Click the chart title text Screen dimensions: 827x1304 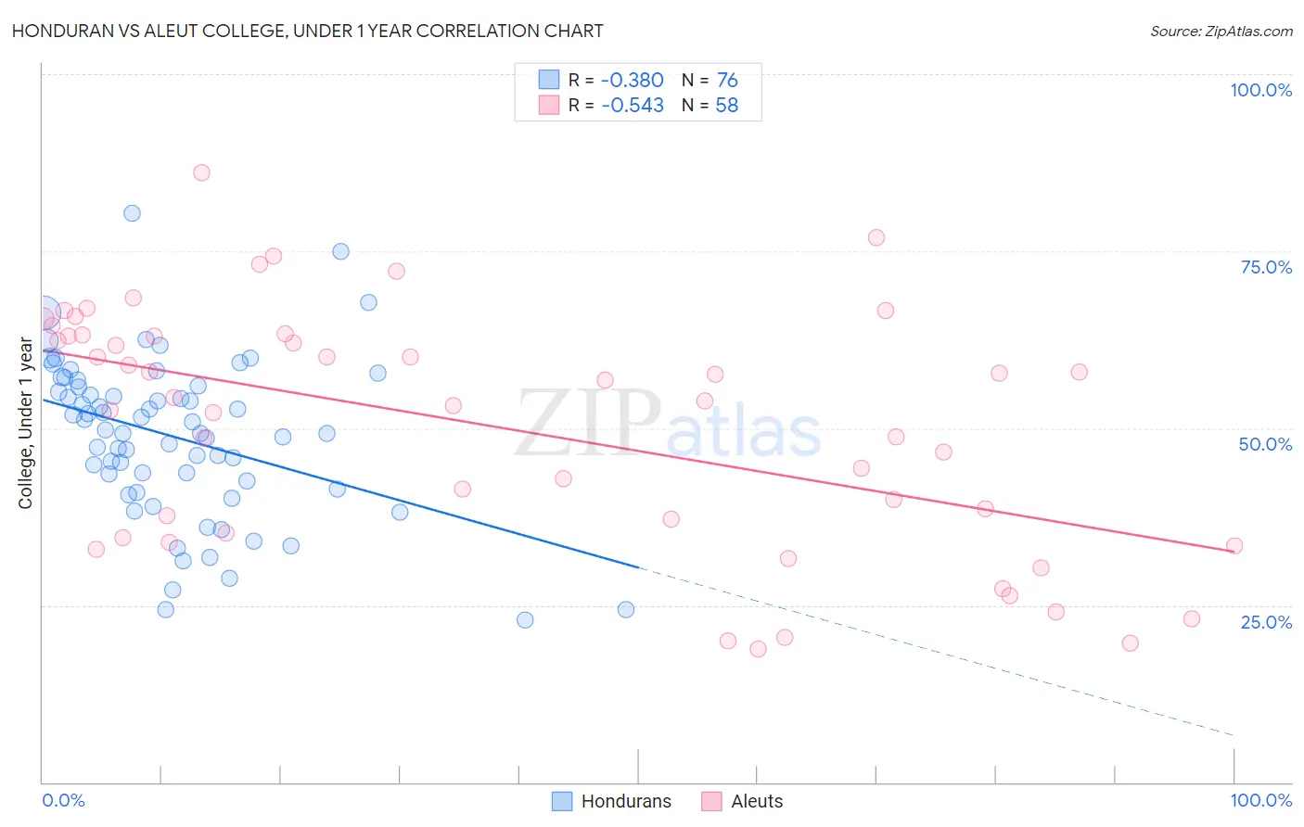(x=307, y=31)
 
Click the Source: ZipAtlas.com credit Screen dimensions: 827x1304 (x=1221, y=31)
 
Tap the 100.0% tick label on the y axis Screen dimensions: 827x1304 (x=1260, y=90)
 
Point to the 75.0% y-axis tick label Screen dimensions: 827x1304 (x=1266, y=267)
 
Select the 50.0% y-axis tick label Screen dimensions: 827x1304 (x=1265, y=444)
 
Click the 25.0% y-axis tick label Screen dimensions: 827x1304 (x=1266, y=622)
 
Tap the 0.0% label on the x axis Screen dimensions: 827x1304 (x=63, y=800)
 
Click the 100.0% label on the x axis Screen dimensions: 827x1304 (x=1260, y=800)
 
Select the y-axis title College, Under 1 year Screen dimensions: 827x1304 (x=26, y=424)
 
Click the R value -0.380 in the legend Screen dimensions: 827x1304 (x=633, y=81)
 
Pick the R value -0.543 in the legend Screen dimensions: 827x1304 (x=633, y=106)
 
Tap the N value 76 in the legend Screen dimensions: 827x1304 (x=727, y=81)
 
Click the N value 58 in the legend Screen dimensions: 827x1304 (x=727, y=106)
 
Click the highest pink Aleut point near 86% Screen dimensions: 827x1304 (x=201, y=172)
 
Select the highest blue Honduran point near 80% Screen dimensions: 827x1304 (x=132, y=213)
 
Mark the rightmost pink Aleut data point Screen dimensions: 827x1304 (x=1234, y=546)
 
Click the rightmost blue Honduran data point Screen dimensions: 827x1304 (x=626, y=609)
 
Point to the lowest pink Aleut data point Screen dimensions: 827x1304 (x=758, y=649)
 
